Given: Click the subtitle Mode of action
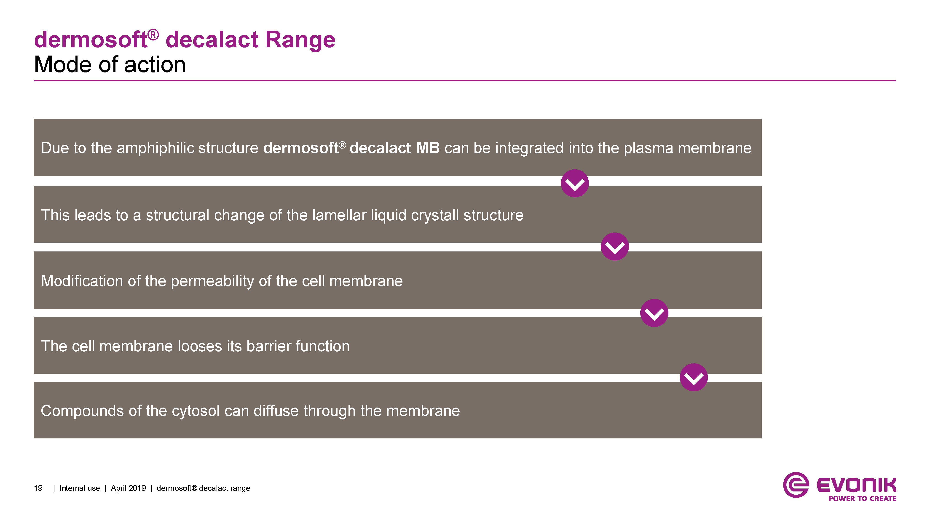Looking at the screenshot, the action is pos(110,65).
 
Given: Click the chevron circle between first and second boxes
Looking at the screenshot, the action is pos(575,183).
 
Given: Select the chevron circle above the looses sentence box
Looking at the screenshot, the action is pos(654,313).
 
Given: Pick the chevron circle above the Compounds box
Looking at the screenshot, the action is pos(694,377).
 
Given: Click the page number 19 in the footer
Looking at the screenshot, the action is pos(38,488).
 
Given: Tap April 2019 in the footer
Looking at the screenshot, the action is pos(128,488).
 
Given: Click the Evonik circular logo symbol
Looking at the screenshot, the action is pos(796,485).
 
